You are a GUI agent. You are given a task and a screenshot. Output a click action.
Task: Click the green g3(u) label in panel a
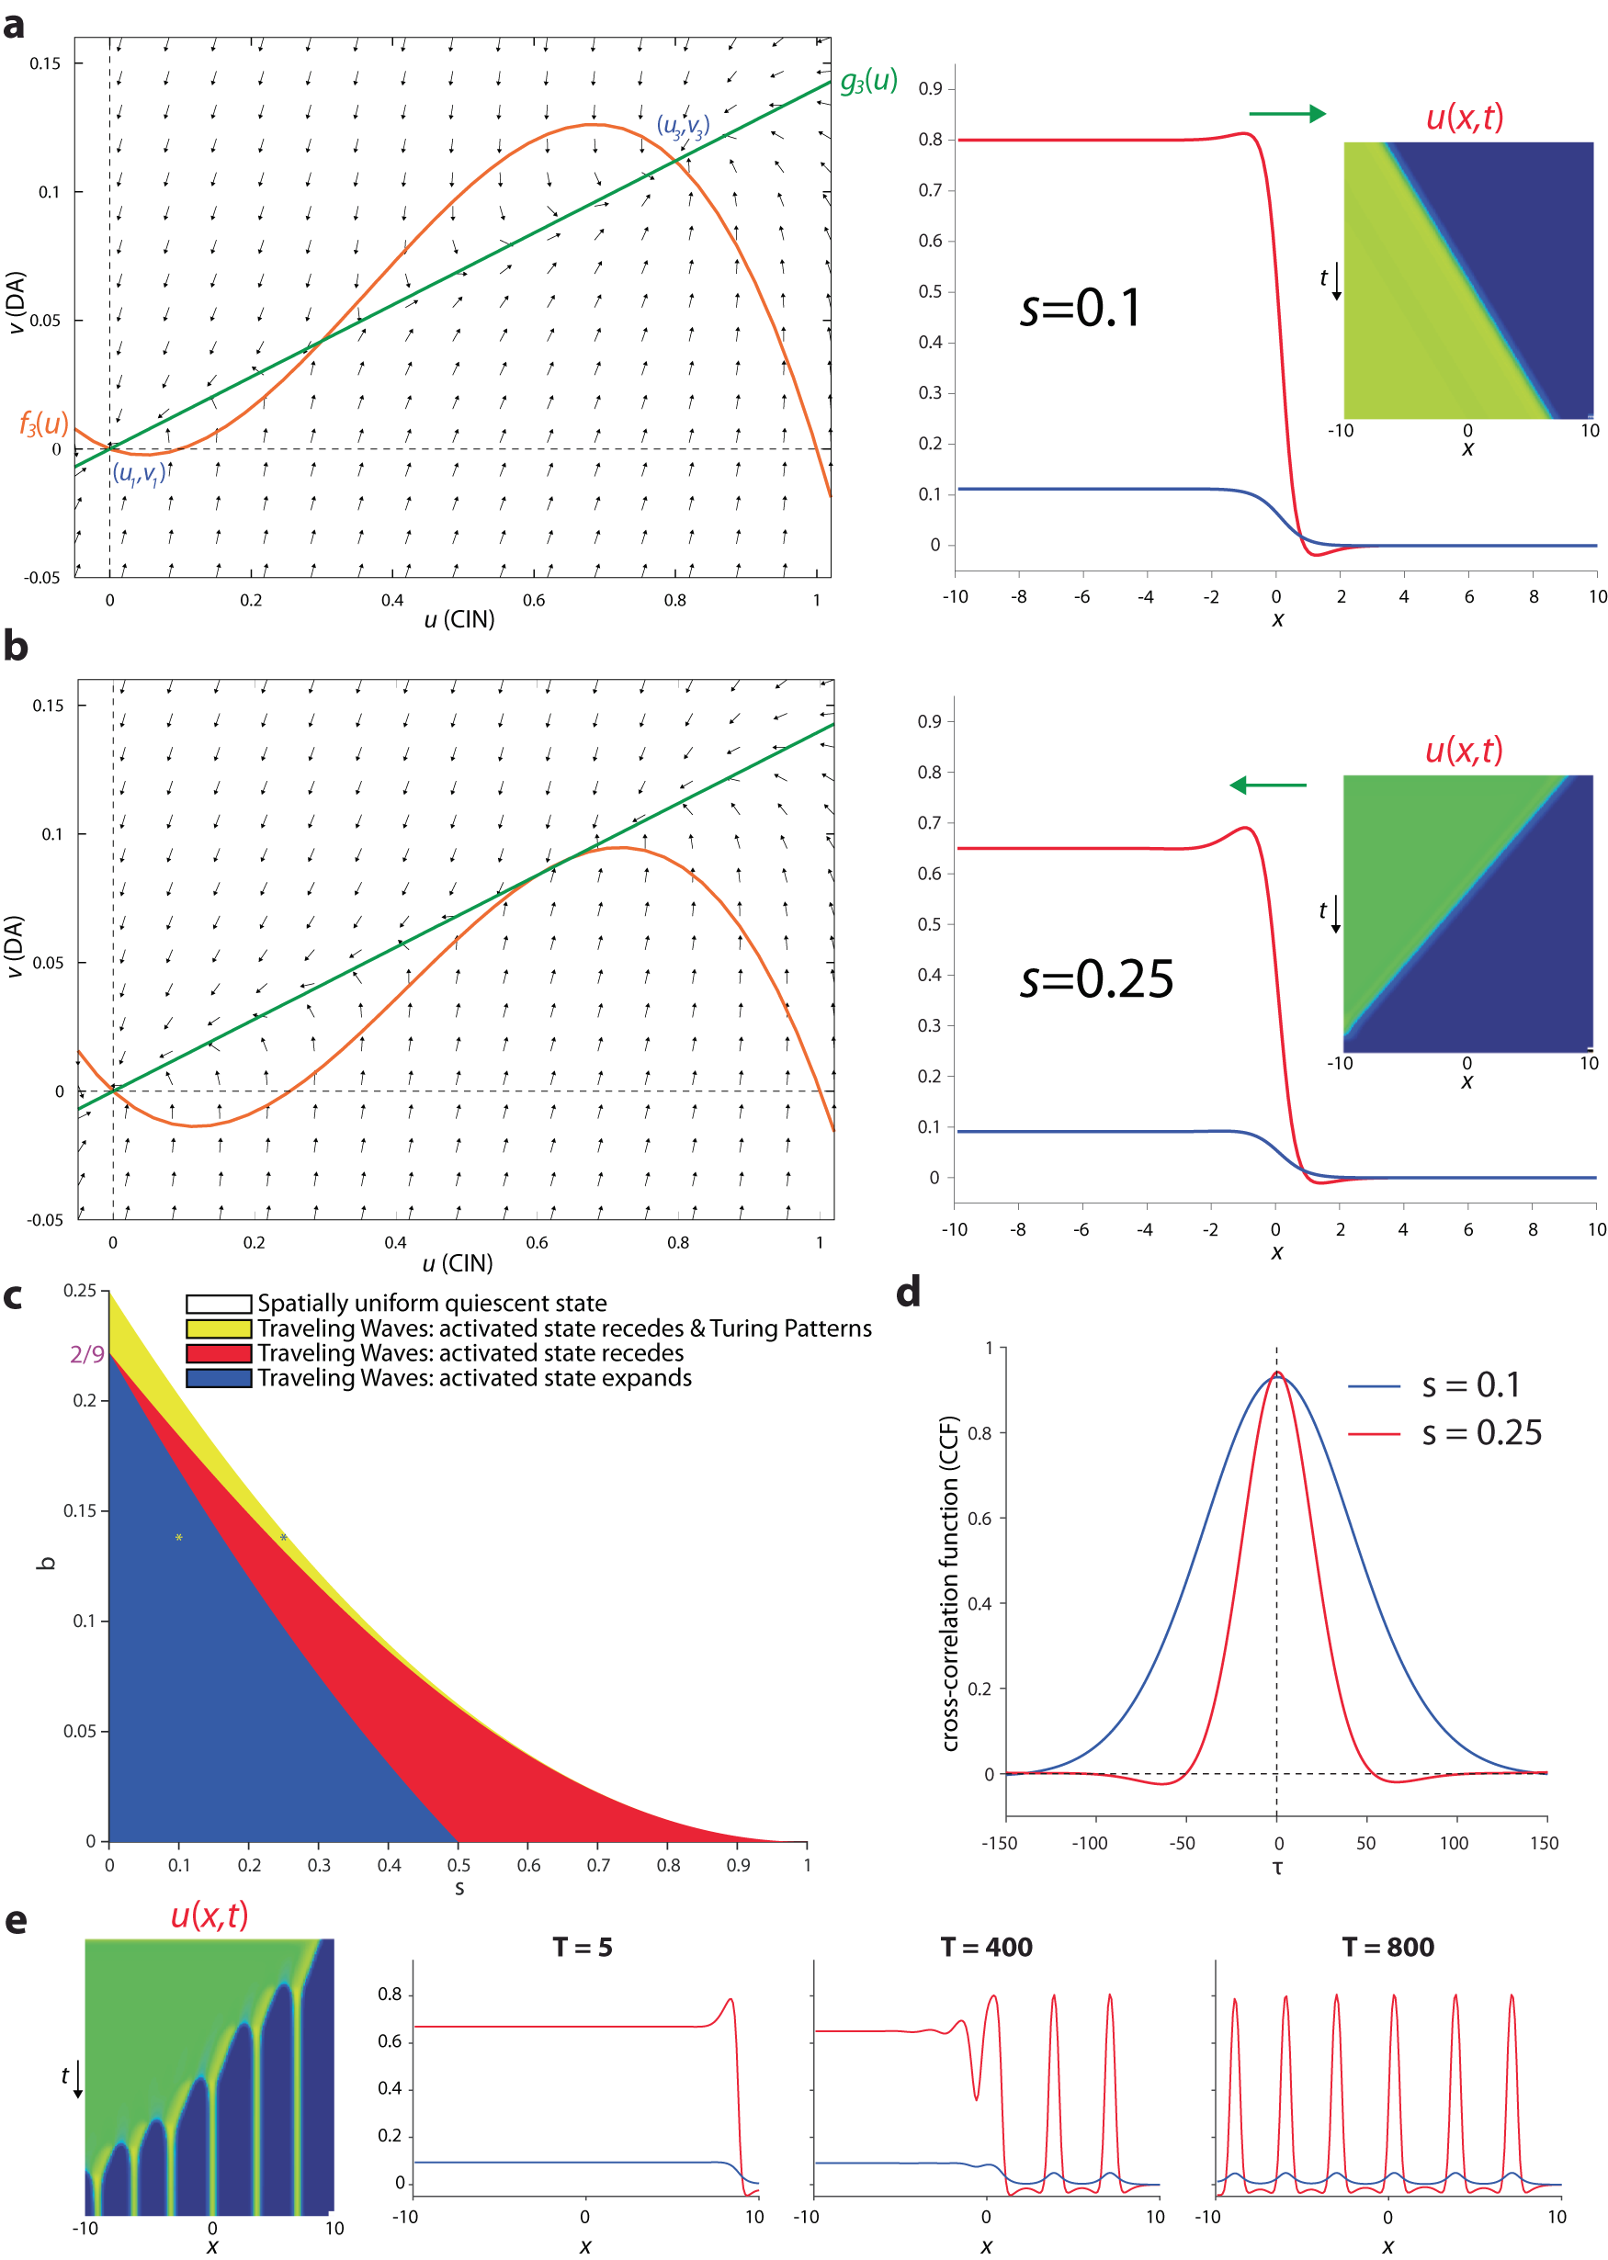(x=868, y=81)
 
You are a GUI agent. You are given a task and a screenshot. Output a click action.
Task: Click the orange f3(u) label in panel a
(x=43, y=424)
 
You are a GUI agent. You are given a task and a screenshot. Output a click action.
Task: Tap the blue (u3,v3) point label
(x=684, y=127)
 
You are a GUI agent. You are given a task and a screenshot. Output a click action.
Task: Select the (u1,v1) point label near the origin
(x=139, y=474)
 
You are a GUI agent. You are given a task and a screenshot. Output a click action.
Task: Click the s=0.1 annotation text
(x=1081, y=308)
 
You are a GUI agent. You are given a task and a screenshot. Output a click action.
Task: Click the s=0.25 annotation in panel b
(x=1096, y=979)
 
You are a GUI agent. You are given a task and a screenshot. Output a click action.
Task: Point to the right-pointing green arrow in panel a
(x=1287, y=114)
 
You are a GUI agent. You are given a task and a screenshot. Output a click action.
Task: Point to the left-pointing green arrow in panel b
(x=1267, y=785)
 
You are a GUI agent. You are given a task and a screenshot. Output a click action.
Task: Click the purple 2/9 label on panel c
(x=87, y=1354)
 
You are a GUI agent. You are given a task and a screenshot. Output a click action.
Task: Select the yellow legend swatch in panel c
(x=219, y=1328)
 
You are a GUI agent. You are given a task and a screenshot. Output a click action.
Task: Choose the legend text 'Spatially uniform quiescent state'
(x=432, y=1304)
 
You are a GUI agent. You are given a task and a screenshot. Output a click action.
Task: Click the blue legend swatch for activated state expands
(x=219, y=1378)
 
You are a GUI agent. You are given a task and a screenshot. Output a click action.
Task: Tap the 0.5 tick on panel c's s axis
(x=459, y=1865)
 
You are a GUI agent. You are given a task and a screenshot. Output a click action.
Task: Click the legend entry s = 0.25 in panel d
(x=1481, y=1432)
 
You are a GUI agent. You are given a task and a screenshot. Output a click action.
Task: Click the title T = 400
(x=986, y=1948)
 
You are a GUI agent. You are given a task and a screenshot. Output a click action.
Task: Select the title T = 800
(x=1387, y=1948)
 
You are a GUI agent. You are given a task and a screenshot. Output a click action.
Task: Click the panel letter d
(x=908, y=1293)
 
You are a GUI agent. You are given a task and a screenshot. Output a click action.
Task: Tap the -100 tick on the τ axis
(x=1089, y=1843)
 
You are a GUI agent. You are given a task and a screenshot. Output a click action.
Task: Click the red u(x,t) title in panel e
(x=209, y=1915)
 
